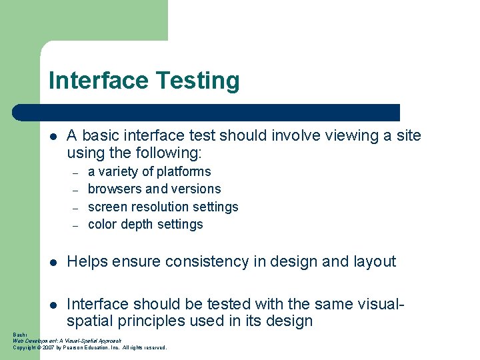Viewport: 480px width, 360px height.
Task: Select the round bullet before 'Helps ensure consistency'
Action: (53, 262)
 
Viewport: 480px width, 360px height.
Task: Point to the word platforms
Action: (183, 172)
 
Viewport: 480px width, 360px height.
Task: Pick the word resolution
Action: (157, 207)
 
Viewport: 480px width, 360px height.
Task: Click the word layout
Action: (375, 262)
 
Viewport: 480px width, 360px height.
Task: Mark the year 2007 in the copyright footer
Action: (48, 347)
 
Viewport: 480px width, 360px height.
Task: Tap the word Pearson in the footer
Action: (76, 347)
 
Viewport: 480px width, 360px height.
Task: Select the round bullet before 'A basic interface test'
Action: (53, 136)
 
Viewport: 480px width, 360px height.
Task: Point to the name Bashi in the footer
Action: (19, 334)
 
